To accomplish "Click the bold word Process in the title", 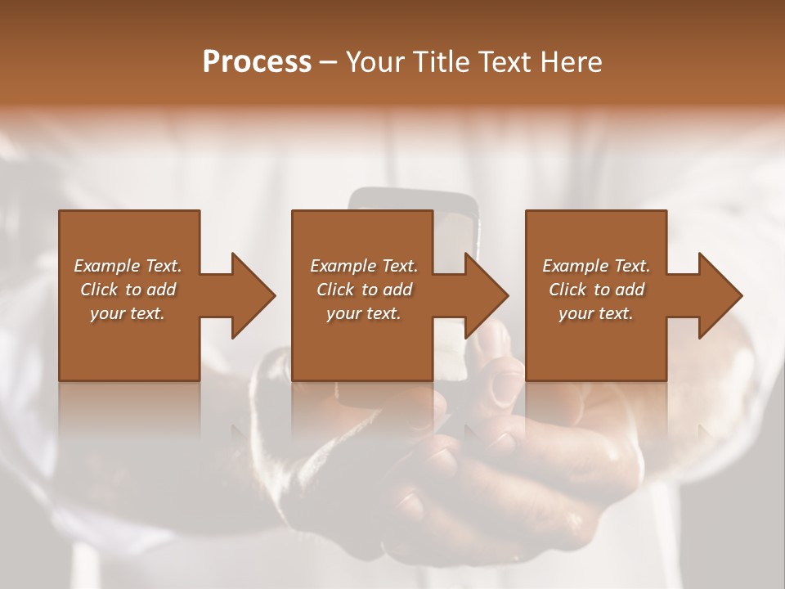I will pos(257,62).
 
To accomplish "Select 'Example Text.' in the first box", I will pos(128,266).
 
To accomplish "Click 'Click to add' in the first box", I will pos(128,290).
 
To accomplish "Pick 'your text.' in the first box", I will pos(128,313).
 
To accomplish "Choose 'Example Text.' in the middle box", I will pos(363,266).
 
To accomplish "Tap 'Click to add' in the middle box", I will pos(363,290).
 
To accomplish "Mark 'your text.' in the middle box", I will pos(363,313).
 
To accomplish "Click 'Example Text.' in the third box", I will pos(596,266).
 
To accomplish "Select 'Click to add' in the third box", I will pos(596,290).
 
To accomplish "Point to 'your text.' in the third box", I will pos(596,313).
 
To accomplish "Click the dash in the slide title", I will pos(329,63).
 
